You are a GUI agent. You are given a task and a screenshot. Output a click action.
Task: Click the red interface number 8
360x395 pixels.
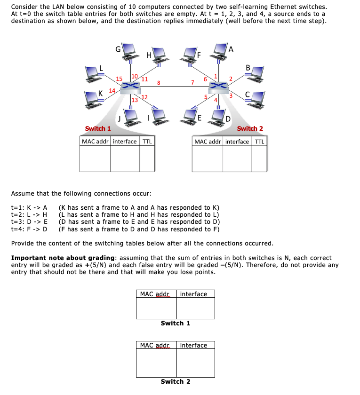[x=159, y=83]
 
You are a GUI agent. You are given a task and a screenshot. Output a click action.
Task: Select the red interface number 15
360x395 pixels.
[x=119, y=79]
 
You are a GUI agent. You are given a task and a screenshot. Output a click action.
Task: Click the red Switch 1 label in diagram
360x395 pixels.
[x=98, y=128]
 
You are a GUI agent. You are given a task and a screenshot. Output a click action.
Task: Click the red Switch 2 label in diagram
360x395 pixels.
[x=250, y=128]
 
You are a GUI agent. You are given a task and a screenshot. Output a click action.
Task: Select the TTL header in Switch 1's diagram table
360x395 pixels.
[x=147, y=142]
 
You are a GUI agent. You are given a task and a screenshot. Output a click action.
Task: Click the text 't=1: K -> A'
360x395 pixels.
[x=29, y=207]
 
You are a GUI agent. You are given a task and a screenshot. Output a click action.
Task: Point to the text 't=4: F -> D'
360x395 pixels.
[x=29, y=229]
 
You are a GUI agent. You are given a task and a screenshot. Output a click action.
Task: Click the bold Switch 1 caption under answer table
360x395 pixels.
[x=175, y=323]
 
